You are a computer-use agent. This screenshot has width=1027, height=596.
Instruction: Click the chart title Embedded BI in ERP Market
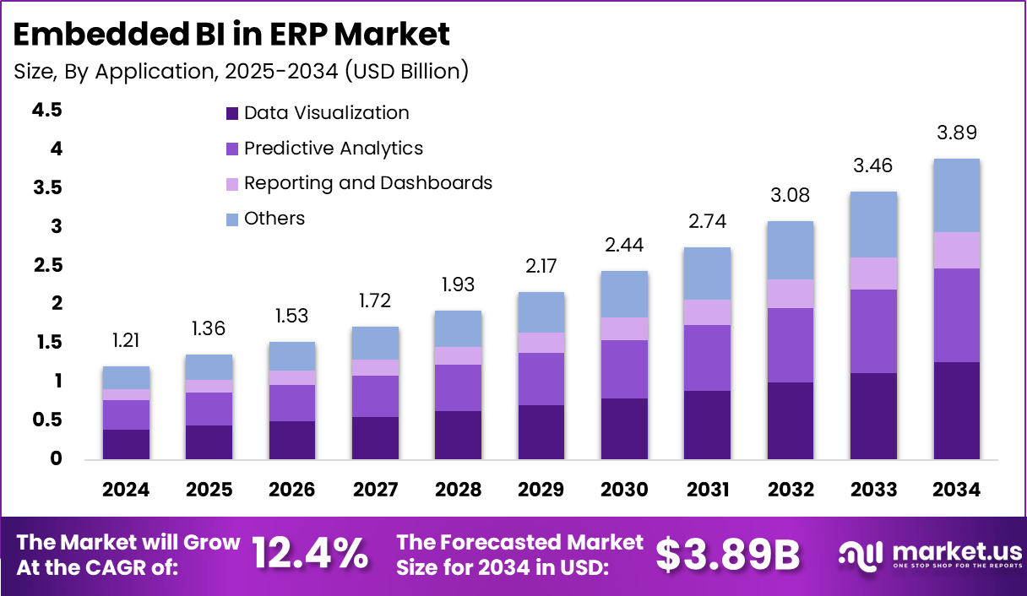point(231,34)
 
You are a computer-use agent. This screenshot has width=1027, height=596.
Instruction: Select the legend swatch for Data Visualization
point(231,113)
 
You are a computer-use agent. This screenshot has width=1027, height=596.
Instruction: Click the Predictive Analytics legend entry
point(333,149)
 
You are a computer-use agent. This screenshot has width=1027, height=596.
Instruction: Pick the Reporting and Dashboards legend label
point(367,183)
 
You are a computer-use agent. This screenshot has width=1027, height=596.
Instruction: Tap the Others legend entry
point(274,219)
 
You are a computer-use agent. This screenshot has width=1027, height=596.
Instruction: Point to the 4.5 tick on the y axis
point(47,111)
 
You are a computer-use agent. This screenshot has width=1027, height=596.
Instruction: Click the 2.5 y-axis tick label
point(47,266)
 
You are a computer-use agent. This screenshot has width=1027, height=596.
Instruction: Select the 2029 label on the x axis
point(541,490)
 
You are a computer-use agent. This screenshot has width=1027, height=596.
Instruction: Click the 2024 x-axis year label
point(127,490)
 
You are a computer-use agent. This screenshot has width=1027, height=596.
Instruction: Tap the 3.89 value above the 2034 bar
point(957,133)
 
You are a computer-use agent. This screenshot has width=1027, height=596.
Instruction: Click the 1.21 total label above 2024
point(127,341)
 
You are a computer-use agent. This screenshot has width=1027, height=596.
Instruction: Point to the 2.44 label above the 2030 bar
point(624,246)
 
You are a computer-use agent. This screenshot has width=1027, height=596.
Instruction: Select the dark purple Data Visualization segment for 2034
point(957,410)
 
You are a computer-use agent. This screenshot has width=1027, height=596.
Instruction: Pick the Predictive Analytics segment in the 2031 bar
point(707,358)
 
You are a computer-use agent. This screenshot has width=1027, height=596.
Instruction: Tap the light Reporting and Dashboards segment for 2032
point(791,294)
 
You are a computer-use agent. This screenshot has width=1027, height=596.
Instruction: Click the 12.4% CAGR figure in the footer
point(310,554)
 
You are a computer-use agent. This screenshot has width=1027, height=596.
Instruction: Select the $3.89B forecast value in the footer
point(727,554)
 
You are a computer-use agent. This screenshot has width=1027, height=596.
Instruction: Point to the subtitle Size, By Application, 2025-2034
point(241,71)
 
